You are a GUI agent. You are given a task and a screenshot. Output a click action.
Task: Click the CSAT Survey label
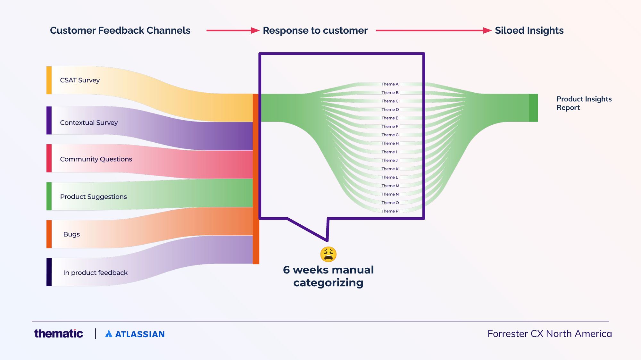pyautogui.click(x=80, y=80)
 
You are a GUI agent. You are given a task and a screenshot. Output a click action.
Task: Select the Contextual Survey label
pyautogui.click(x=89, y=123)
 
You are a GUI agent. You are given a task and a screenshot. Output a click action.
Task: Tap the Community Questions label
pyautogui.click(x=96, y=159)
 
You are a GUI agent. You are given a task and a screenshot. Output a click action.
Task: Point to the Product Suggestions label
pyautogui.click(x=93, y=197)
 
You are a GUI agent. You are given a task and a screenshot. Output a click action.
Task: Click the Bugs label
pyautogui.click(x=71, y=234)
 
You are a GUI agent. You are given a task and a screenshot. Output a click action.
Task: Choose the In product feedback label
pyautogui.click(x=95, y=273)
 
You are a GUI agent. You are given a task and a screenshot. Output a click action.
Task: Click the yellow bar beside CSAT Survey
pyautogui.click(x=49, y=80)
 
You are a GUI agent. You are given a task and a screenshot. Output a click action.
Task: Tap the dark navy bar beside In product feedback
pyautogui.click(x=49, y=272)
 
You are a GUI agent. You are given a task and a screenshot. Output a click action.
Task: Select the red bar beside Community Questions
pyautogui.click(x=49, y=158)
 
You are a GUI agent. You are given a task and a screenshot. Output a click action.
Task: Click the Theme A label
pyautogui.click(x=390, y=84)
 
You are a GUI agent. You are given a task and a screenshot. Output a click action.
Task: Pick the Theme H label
pyautogui.click(x=390, y=144)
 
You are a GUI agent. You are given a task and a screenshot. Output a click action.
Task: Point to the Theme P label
pyautogui.click(x=390, y=211)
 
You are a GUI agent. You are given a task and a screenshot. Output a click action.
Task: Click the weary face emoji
pyautogui.click(x=328, y=254)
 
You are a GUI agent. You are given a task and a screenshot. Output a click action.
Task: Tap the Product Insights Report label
pyautogui.click(x=584, y=103)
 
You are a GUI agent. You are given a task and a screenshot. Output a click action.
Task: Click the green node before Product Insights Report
pyautogui.click(x=533, y=108)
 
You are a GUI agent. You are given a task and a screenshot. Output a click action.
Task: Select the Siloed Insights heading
pyautogui.click(x=529, y=30)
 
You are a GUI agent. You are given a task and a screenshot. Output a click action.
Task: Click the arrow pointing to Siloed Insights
pyautogui.click(x=433, y=30)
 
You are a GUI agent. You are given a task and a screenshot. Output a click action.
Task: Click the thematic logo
pyautogui.click(x=59, y=334)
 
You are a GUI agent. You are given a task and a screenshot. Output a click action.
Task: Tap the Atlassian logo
pyautogui.click(x=135, y=334)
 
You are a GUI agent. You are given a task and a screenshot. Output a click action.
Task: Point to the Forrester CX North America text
pyautogui.click(x=549, y=334)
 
